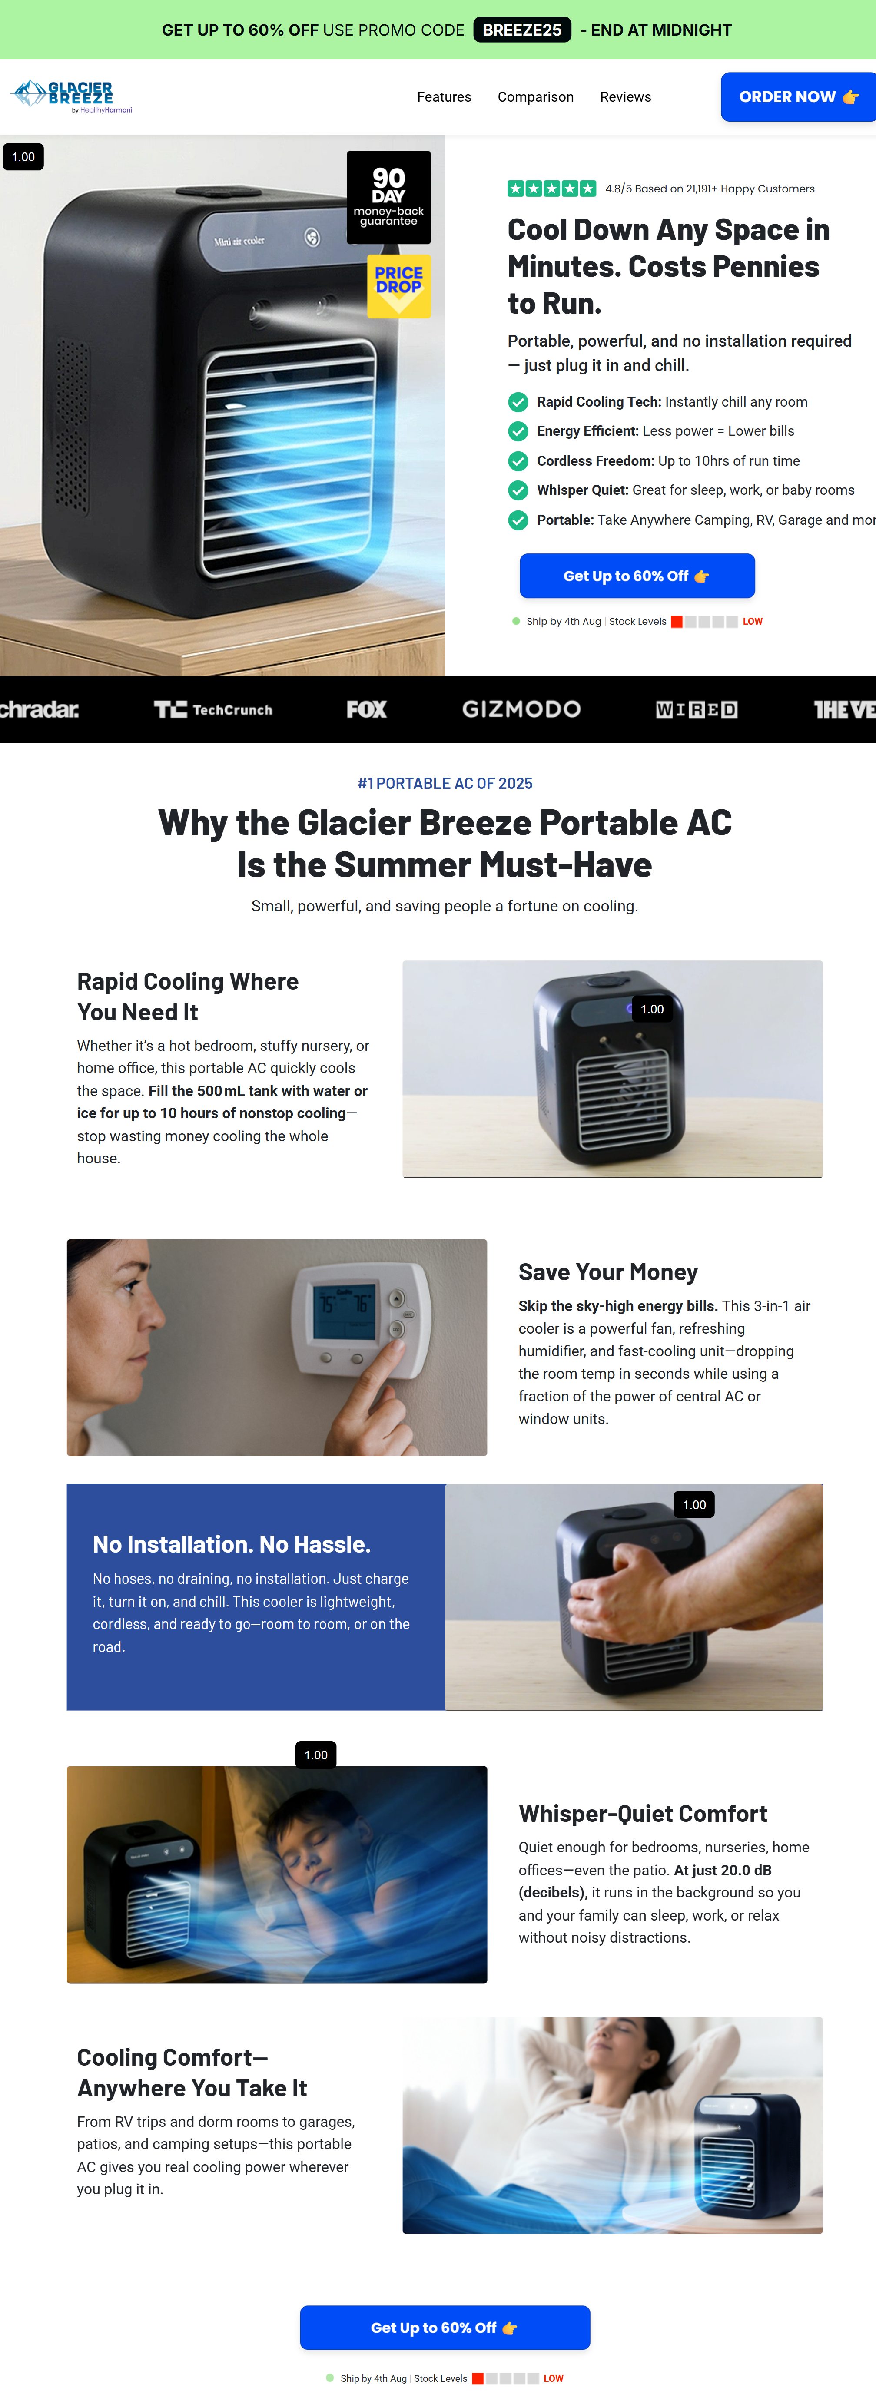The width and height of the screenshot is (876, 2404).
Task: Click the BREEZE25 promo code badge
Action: pos(522,30)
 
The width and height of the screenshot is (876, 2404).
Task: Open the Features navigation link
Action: pos(444,97)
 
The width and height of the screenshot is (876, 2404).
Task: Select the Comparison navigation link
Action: pos(535,97)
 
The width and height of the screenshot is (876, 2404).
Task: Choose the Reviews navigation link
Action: pos(625,97)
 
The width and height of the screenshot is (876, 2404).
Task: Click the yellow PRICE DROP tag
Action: pos(399,285)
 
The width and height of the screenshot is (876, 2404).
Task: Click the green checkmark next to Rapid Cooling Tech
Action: pos(518,402)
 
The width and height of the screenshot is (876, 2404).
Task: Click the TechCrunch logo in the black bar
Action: pos(213,709)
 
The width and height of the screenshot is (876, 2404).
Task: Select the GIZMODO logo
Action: pos(521,709)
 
